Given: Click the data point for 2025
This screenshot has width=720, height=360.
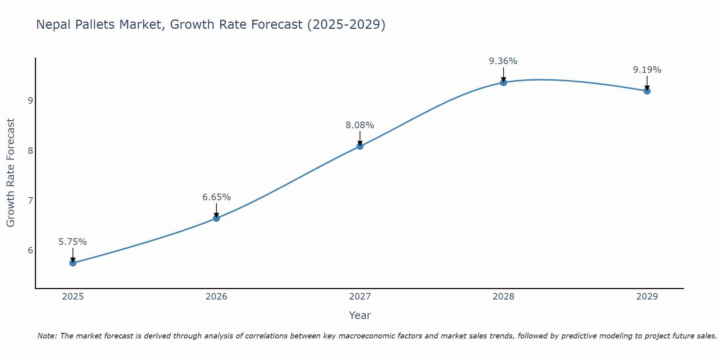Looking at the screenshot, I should point(73,263).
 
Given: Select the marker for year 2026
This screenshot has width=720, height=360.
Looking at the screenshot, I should point(216,218).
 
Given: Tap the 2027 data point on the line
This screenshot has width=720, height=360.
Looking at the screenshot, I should point(360,146).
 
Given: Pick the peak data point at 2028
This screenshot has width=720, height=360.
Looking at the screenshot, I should point(504,82).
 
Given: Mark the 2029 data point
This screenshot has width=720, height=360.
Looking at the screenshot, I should point(647,91).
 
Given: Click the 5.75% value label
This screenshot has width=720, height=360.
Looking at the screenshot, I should point(73,242).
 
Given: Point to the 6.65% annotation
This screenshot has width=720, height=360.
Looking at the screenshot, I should point(216,197).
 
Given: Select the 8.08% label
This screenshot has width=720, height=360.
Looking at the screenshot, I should point(360,125).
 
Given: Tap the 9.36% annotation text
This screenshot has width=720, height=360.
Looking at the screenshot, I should point(503,61).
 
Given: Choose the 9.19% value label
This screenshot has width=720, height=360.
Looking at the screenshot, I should point(647,70).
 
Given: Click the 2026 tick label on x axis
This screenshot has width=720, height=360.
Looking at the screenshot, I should point(216,297).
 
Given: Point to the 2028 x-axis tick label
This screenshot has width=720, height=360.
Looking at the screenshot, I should point(504,297).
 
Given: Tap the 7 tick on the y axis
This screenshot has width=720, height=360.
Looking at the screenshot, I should point(31,201).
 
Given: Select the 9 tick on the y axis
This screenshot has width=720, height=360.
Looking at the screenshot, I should point(31,100).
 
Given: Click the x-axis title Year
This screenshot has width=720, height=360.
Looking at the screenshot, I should point(360,315).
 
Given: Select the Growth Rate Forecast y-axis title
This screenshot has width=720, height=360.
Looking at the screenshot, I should point(11,173).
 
